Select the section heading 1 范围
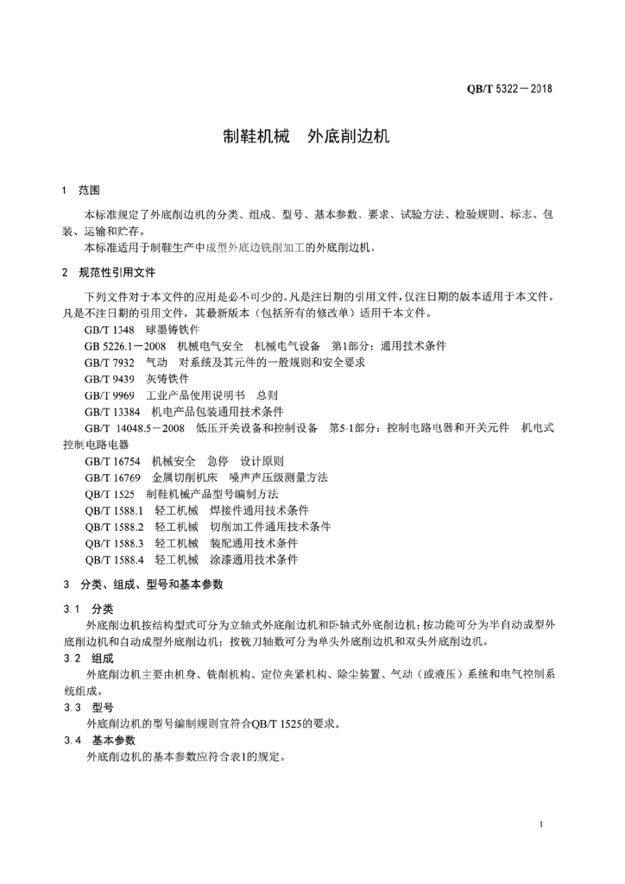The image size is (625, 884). pyautogui.click(x=82, y=190)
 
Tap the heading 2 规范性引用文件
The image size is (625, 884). pyautogui.click(x=109, y=273)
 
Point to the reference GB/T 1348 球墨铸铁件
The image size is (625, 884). pyautogui.click(x=142, y=329)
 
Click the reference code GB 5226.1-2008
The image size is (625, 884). pyautogui.click(x=125, y=345)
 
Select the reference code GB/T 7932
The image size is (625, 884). pyautogui.click(x=110, y=362)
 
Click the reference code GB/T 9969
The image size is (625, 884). pyautogui.click(x=110, y=395)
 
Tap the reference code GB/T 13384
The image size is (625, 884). pyautogui.click(x=112, y=411)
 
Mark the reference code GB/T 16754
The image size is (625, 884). pyautogui.click(x=112, y=461)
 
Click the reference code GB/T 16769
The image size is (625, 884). pyautogui.click(x=112, y=477)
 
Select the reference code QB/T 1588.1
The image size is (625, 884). pyautogui.click(x=114, y=510)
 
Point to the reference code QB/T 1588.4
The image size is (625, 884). pyautogui.click(x=114, y=559)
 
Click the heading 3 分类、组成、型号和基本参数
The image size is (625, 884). pyautogui.click(x=142, y=584)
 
